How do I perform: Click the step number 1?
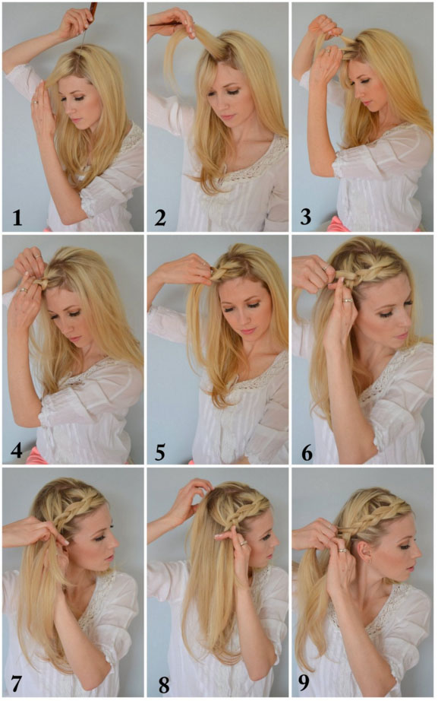click(17, 218)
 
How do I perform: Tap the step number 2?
click(160, 218)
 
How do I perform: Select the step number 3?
click(305, 217)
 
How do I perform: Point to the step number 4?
click(17, 451)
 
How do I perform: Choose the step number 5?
click(160, 452)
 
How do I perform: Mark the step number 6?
click(307, 452)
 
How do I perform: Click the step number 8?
click(164, 685)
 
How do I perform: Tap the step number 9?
click(304, 683)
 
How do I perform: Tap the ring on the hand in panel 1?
click(35, 103)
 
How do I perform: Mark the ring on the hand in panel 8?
click(243, 543)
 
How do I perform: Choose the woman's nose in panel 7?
click(115, 542)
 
